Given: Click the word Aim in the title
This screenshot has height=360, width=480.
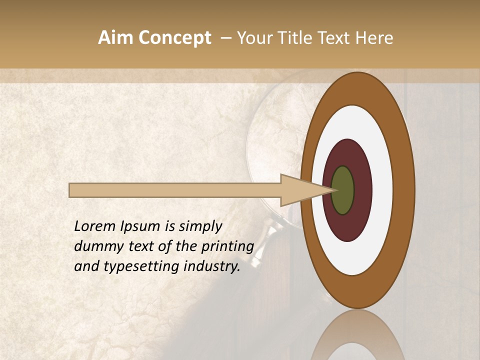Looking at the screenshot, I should [x=116, y=38].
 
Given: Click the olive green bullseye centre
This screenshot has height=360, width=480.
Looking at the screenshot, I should [x=343, y=190].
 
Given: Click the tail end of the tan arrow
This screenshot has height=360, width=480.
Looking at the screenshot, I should [x=71, y=190].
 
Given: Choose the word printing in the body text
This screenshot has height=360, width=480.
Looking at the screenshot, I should [x=227, y=247].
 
